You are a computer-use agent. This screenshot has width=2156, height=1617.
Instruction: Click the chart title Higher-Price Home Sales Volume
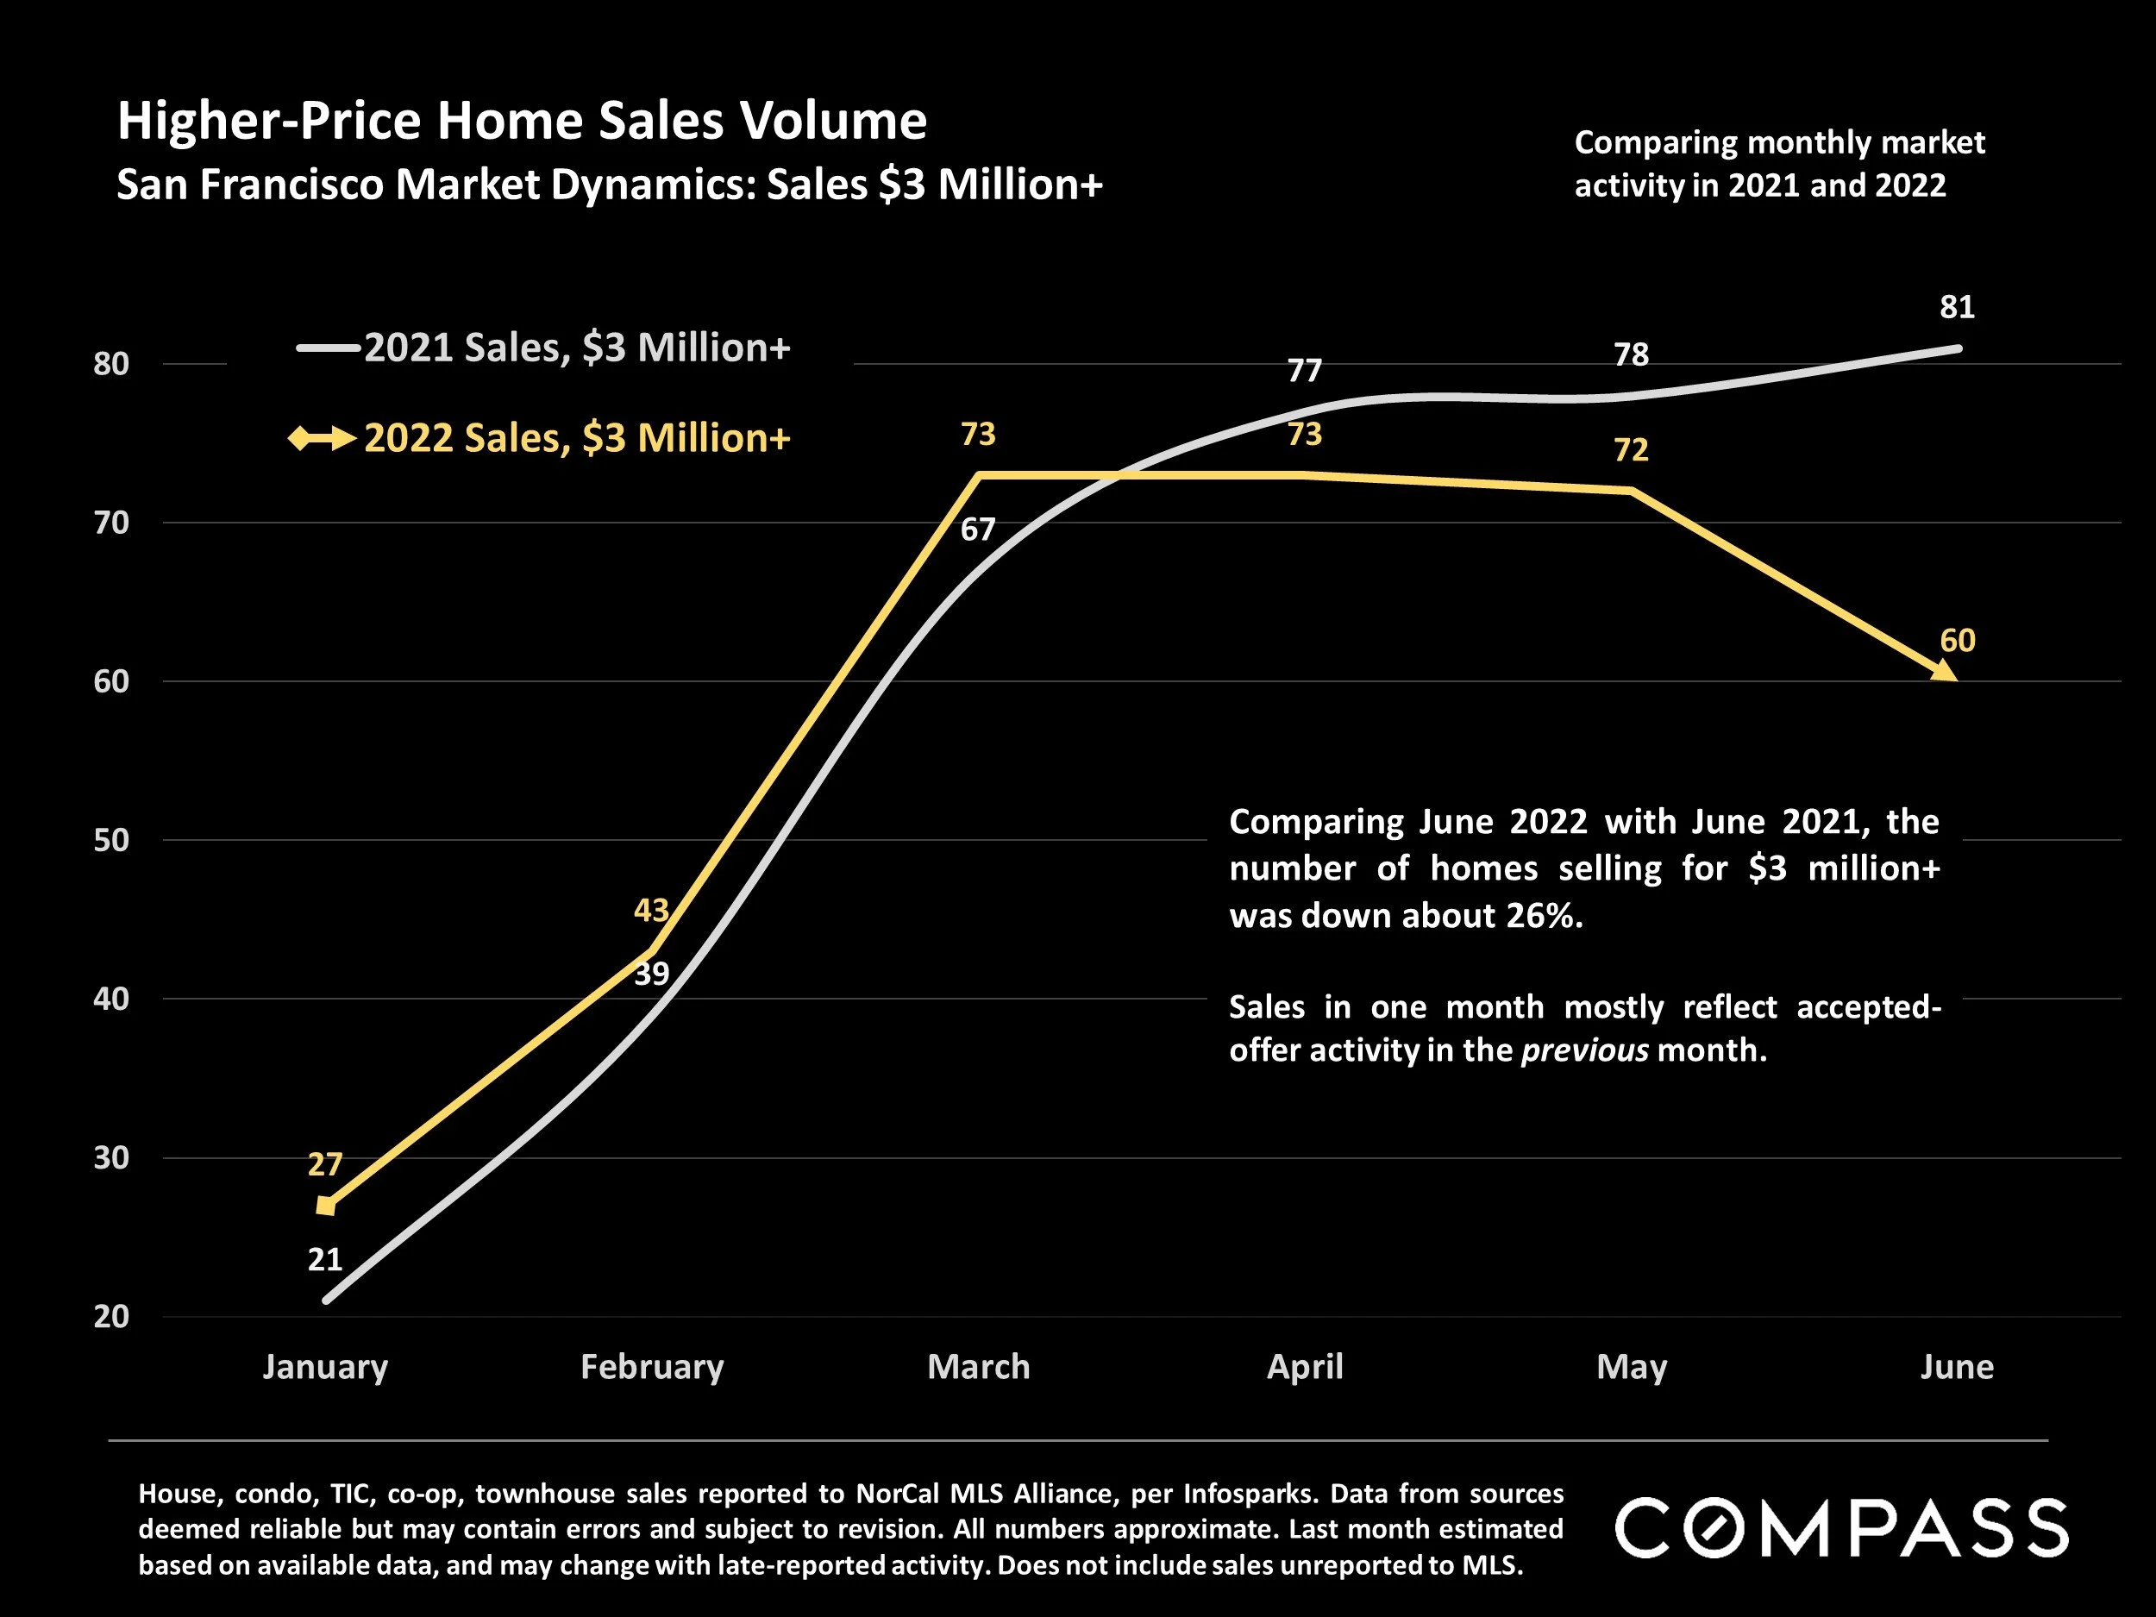coord(522,122)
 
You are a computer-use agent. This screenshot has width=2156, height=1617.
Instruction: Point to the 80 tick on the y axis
coord(111,364)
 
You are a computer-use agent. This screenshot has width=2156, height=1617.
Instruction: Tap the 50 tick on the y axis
coord(111,840)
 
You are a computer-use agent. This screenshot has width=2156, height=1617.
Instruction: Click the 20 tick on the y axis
coord(111,1317)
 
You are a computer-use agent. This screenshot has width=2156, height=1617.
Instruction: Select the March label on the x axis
coord(978,1367)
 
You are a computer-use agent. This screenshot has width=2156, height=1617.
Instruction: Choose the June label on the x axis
coord(1956,1367)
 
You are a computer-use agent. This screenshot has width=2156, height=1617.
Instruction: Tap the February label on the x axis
coord(652,1367)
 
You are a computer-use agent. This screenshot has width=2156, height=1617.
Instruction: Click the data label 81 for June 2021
coord(1957,307)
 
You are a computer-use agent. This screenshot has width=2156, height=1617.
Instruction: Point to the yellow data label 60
coord(1957,641)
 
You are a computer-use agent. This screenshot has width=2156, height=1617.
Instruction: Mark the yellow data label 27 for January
coord(325,1165)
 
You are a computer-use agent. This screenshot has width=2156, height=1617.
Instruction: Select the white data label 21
coord(325,1260)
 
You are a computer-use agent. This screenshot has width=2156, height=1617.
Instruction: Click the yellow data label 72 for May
coord(1631,449)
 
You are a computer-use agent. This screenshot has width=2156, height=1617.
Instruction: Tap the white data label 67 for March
coord(978,530)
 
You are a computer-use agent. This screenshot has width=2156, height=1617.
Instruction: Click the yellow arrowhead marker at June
coord(1946,672)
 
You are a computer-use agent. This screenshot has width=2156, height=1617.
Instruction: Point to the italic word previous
coord(1585,1050)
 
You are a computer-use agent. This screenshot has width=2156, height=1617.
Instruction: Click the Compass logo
coord(1841,1527)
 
